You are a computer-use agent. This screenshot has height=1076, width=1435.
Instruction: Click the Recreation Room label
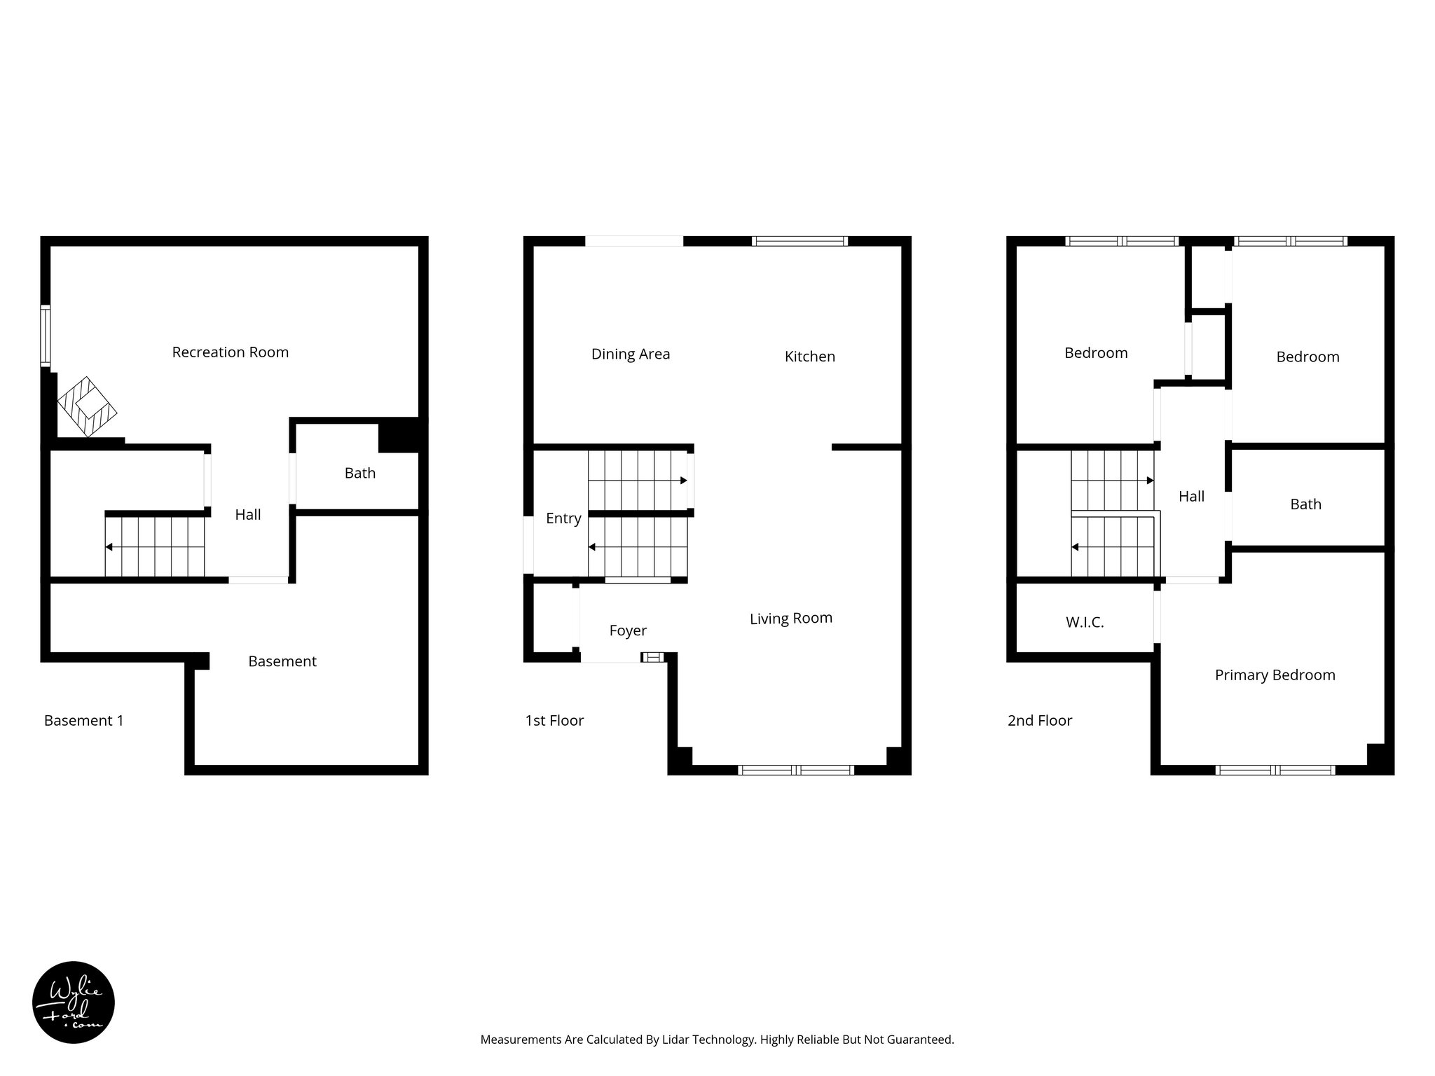click(x=230, y=352)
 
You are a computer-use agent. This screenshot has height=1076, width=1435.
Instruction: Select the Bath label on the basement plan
click(x=359, y=474)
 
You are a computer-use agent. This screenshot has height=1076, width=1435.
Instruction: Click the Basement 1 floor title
click(x=83, y=721)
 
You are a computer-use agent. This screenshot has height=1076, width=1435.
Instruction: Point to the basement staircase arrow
click(x=109, y=546)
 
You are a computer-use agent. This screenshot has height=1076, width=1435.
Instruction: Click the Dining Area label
click(x=630, y=354)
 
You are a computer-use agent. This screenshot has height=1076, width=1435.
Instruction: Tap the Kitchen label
click(x=809, y=357)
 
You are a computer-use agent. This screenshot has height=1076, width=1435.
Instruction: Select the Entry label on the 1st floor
click(x=563, y=518)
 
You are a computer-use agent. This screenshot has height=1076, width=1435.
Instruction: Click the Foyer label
click(x=627, y=630)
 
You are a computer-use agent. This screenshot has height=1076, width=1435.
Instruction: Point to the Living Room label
click(x=790, y=619)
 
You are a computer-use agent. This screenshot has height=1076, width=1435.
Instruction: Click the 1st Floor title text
click(x=554, y=721)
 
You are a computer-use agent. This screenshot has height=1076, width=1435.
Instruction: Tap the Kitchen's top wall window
click(x=799, y=241)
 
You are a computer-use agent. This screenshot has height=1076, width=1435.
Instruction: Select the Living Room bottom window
click(x=796, y=770)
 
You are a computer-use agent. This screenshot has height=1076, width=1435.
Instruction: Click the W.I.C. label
click(x=1084, y=622)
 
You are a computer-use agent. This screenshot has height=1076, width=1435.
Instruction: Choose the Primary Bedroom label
click(x=1275, y=675)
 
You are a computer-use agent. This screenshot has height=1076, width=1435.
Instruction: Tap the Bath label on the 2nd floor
click(x=1305, y=504)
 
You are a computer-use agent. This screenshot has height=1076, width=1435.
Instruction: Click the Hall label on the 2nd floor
click(x=1191, y=497)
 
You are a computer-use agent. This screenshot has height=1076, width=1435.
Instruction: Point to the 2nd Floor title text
click(x=1039, y=721)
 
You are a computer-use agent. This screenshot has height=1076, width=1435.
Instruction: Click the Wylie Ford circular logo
click(x=74, y=1002)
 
